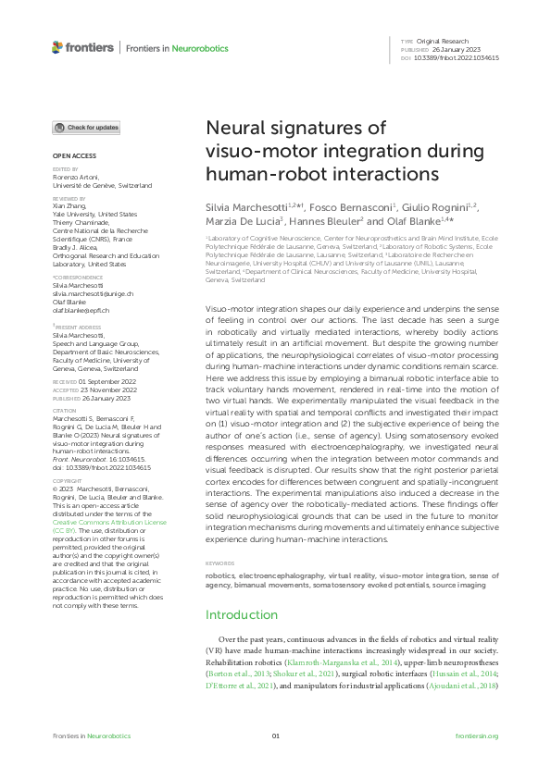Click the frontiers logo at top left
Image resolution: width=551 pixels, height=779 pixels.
click(82, 47)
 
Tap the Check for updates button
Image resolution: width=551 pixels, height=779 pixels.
click(86, 128)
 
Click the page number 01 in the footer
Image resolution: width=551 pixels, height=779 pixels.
click(275, 736)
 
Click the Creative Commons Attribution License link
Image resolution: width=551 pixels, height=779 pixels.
click(96, 522)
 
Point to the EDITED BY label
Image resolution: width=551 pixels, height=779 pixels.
click(65, 170)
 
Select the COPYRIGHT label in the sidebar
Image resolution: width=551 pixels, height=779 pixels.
click(66, 481)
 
